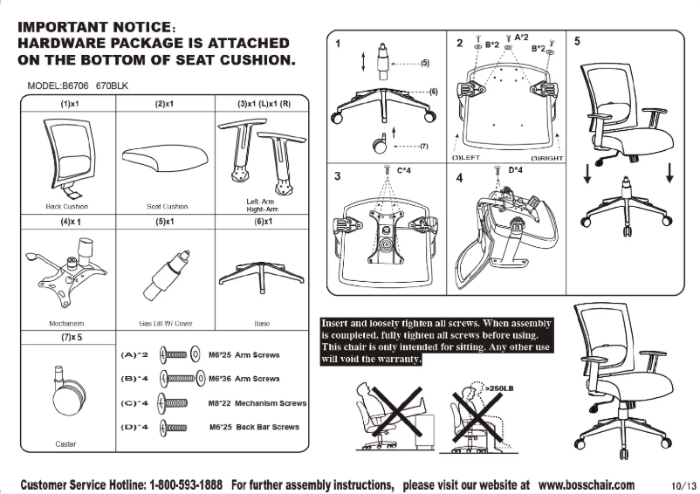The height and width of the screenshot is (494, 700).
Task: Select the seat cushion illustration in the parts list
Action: point(165,158)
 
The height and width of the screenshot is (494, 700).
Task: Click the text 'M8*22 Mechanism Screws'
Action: point(257,403)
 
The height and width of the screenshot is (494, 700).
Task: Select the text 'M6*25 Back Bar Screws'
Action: point(254,427)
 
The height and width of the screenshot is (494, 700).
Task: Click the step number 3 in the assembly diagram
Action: point(337,176)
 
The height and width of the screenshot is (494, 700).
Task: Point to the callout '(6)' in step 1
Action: point(433,92)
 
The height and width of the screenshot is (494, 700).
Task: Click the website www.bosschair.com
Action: point(587,484)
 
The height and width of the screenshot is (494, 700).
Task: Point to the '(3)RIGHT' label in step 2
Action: point(546,158)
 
